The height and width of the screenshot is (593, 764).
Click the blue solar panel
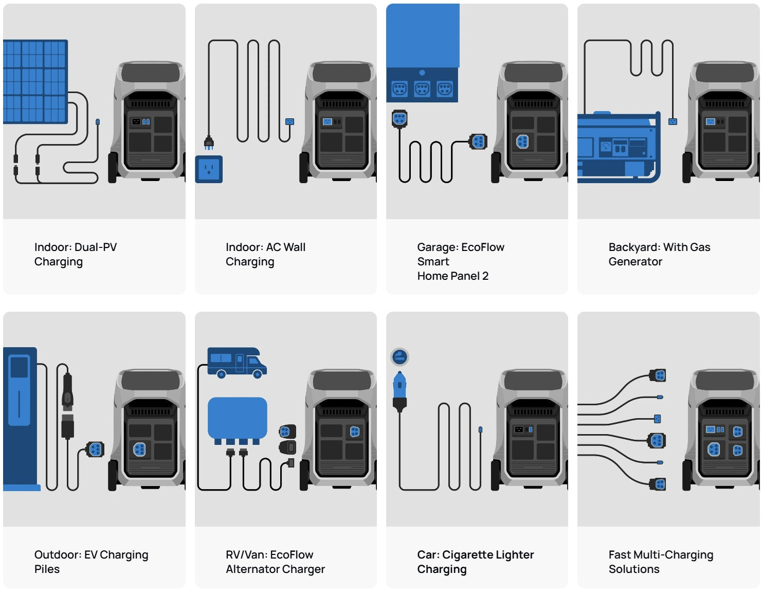(35, 81)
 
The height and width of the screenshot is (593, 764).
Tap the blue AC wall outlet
(209, 169)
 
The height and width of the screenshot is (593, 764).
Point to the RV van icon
(237, 362)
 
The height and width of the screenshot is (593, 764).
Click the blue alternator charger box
(237, 418)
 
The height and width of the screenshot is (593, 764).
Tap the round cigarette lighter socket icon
(399, 356)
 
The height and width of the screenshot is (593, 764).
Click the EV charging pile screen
(20, 367)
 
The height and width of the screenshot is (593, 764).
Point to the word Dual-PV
(96, 247)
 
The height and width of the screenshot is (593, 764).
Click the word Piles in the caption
(47, 569)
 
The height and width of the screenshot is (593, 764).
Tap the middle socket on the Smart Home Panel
(422, 89)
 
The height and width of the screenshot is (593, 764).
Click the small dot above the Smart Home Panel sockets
(422, 73)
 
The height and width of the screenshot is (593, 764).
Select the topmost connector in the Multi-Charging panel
(659, 375)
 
